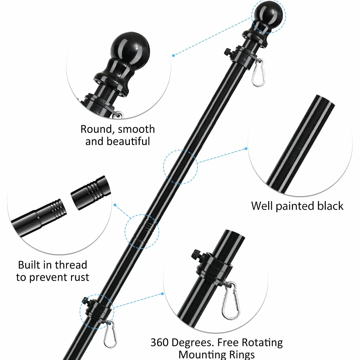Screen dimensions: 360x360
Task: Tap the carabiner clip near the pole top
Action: click(258, 73)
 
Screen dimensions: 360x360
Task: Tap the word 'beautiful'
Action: click(128, 141)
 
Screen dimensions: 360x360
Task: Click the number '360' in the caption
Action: click(160, 342)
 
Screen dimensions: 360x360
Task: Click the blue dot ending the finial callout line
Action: click(173, 55)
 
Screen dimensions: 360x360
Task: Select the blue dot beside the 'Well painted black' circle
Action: click(246, 148)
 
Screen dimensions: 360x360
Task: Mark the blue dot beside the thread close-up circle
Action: click(115, 205)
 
